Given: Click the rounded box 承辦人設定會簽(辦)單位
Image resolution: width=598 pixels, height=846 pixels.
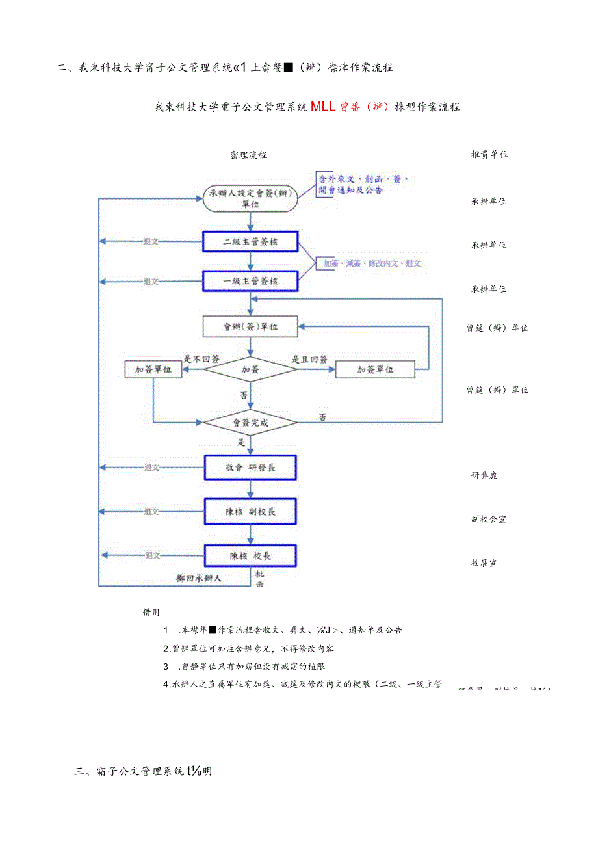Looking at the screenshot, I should (x=250, y=199).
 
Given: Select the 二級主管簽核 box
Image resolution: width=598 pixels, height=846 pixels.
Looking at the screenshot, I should (x=250, y=242).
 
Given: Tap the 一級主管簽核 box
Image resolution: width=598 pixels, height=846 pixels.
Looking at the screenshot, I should (x=250, y=281).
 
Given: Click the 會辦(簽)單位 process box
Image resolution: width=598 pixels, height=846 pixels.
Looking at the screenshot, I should (x=250, y=326).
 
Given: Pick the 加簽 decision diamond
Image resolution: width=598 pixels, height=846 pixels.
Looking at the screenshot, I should (x=250, y=369).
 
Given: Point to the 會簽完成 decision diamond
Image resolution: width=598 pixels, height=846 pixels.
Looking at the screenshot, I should (x=250, y=423).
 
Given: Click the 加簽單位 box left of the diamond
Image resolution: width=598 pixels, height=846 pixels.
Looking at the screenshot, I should (x=153, y=369).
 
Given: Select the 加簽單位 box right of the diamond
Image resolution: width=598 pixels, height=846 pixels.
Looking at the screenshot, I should (x=375, y=369).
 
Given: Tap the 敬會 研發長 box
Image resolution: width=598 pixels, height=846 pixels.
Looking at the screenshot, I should (x=250, y=467).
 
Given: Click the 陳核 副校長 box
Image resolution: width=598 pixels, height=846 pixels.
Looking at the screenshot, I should (x=250, y=511).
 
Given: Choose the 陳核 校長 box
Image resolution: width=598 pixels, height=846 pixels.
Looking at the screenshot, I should (x=250, y=555).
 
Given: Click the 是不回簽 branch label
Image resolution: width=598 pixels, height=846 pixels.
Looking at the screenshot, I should (x=201, y=358).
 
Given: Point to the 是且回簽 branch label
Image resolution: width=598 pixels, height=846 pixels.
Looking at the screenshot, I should (x=309, y=358).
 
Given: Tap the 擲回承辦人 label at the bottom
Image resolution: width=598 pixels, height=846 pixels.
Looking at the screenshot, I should (x=203, y=578).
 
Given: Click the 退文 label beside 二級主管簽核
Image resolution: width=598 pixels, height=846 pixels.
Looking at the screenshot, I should (x=151, y=242).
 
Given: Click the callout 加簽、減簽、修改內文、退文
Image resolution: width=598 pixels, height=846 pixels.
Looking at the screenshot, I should (x=369, y=263).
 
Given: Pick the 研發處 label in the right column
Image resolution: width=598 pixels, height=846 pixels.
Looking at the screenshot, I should (x=484, y=475).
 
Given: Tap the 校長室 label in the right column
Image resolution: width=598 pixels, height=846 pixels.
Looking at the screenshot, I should (x=484, y=563).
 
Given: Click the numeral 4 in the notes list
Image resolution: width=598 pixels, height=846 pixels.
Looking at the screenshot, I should (x=166, y=684).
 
